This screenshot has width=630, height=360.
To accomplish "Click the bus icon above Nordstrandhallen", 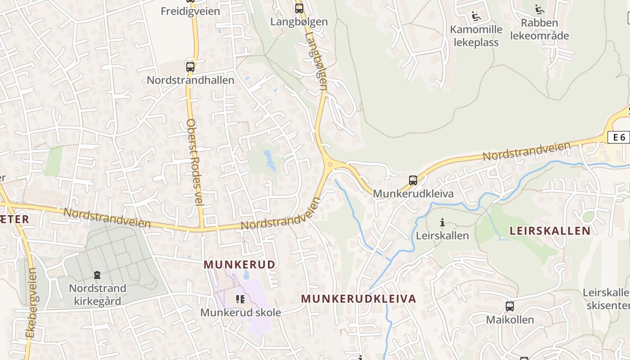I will pos(190,67).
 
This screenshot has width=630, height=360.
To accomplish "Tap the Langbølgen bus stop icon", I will pos(299,8).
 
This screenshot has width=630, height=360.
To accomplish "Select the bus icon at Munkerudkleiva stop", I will pos(413,180).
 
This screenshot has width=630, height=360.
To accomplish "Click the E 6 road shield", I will pos(619,137).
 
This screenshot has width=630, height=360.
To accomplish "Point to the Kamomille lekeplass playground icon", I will pos(476,17).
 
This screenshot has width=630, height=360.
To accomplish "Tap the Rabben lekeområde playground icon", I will pos(540,9).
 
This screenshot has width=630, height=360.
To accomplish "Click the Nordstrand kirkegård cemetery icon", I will pos(97,274).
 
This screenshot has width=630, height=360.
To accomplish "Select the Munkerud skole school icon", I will pos(240,299).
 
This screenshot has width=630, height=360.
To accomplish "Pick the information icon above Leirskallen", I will pos(442,222).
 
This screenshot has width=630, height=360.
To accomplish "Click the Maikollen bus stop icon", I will pos(510,306).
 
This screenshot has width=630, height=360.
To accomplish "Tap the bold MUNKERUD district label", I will pos(239,265).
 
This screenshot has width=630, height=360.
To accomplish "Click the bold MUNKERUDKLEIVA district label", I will pos(359,299).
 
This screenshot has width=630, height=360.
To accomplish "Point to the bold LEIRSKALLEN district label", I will pos(550,231).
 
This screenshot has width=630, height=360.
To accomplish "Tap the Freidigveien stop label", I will pos(190,11).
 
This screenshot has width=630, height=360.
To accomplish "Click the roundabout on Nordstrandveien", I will pos(331,164).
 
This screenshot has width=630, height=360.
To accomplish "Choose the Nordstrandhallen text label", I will pos(190,81).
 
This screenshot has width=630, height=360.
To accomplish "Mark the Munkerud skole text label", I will pos(240,312).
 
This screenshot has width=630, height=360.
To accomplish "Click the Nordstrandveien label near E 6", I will pos(526,151).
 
